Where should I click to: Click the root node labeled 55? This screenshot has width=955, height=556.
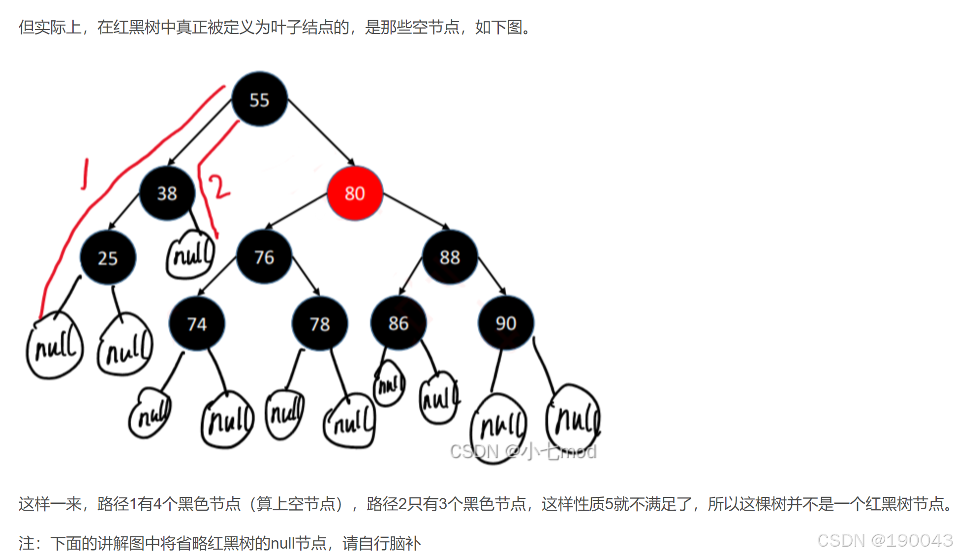pos(259,99)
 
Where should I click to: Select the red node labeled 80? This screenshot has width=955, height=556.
pos(355,193)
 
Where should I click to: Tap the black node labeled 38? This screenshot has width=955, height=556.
pos(167,193)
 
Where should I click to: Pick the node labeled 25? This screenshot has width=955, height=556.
pos(108,258)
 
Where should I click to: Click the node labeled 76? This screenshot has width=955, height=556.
pos(264,257)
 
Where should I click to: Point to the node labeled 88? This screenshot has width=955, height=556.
pos(450,257)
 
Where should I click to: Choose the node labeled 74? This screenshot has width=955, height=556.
pos(197,323)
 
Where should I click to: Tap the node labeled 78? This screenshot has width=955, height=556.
pos(320,323)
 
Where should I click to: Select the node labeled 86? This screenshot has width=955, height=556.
pos(398,323)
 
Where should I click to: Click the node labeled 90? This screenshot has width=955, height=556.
pos(506,323)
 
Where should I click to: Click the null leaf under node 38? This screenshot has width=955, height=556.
pos(191,255)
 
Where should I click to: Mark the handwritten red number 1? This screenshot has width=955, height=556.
pos(85,174)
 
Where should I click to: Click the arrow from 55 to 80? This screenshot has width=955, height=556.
pos(321,131)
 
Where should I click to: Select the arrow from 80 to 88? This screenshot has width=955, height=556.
pos(416,211)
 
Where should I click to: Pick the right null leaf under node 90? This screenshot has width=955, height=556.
pos(574,418)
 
